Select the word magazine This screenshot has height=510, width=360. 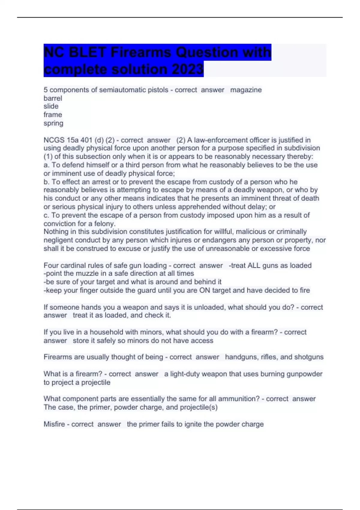click(x=246, y=90)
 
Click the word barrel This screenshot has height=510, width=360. click(x=53, y=98)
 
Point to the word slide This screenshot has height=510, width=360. click(x=51, y=106)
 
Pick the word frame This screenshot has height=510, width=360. click(x=53, y=115)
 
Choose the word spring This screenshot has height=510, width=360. click(x=53, y=123)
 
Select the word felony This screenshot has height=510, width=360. click(x=104, y=224)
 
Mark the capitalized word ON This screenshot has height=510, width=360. click(x=205, y=290)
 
